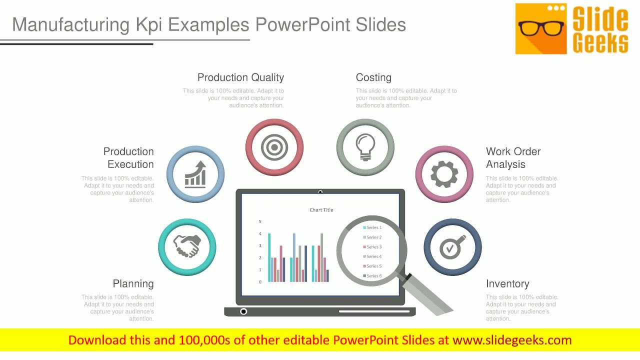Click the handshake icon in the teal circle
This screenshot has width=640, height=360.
click(187, 246)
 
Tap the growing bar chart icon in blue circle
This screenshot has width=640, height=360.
click(195, 174)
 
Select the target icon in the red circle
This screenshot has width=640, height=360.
click(274, 147)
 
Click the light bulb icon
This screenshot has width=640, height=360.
click(365, 147)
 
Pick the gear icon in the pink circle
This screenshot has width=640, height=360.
click(444, 174)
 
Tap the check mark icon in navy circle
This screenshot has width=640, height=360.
click(452, 246)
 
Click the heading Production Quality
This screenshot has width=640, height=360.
click(240, 77)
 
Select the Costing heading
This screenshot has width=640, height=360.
click(373, 77)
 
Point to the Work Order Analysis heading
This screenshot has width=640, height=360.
click(513, 158)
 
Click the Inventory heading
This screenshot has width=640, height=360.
click(507, 283)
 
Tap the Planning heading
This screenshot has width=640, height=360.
click(133, 283)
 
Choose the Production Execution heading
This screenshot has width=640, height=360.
click(128, 158)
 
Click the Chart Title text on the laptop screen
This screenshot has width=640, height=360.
click(321, 210)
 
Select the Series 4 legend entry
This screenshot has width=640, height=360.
click(373, 256)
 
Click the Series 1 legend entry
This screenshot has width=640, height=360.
click(373, 227)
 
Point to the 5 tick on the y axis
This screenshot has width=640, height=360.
click(260, 221)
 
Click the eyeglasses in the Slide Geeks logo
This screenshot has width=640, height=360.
click(541, 28)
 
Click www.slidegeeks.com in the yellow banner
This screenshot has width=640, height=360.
click(512, 340)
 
